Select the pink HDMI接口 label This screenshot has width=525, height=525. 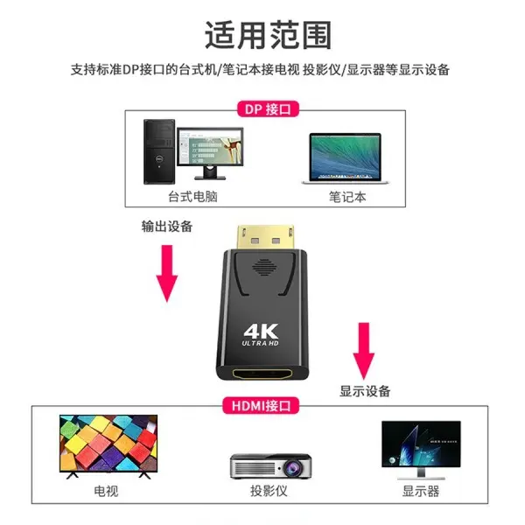[262, 404]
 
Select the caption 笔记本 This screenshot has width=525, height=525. [347, 197]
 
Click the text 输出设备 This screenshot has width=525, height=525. [168, 226]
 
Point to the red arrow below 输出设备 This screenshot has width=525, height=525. [166, 271]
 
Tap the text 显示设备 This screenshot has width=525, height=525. [365, 390]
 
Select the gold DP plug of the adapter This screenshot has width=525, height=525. [263, 240]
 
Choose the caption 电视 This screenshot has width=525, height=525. [106, 492]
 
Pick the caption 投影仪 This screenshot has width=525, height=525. [266, 492]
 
